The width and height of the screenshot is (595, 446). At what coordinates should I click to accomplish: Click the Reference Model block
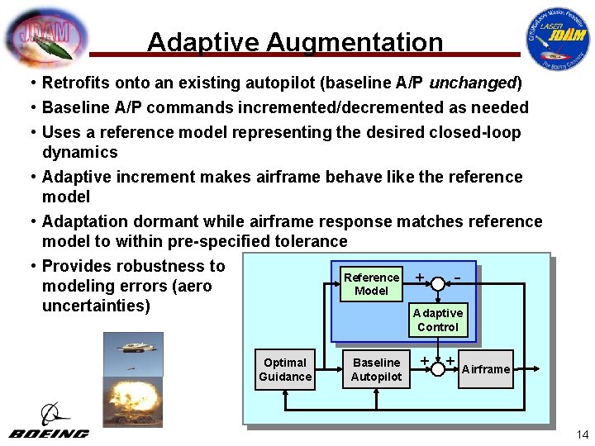pos(371,284)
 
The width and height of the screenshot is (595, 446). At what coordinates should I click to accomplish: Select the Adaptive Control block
pos(438,320)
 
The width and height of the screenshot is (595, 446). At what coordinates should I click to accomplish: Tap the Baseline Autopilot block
pos(376,370)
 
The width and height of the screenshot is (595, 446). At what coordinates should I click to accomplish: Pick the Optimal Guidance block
pos(285,370)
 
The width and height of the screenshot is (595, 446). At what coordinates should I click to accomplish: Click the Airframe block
pos(485,369)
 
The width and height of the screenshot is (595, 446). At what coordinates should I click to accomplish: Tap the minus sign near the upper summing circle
pos(458,274)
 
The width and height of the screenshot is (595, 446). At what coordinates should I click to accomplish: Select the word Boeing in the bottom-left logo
pos(50,434)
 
